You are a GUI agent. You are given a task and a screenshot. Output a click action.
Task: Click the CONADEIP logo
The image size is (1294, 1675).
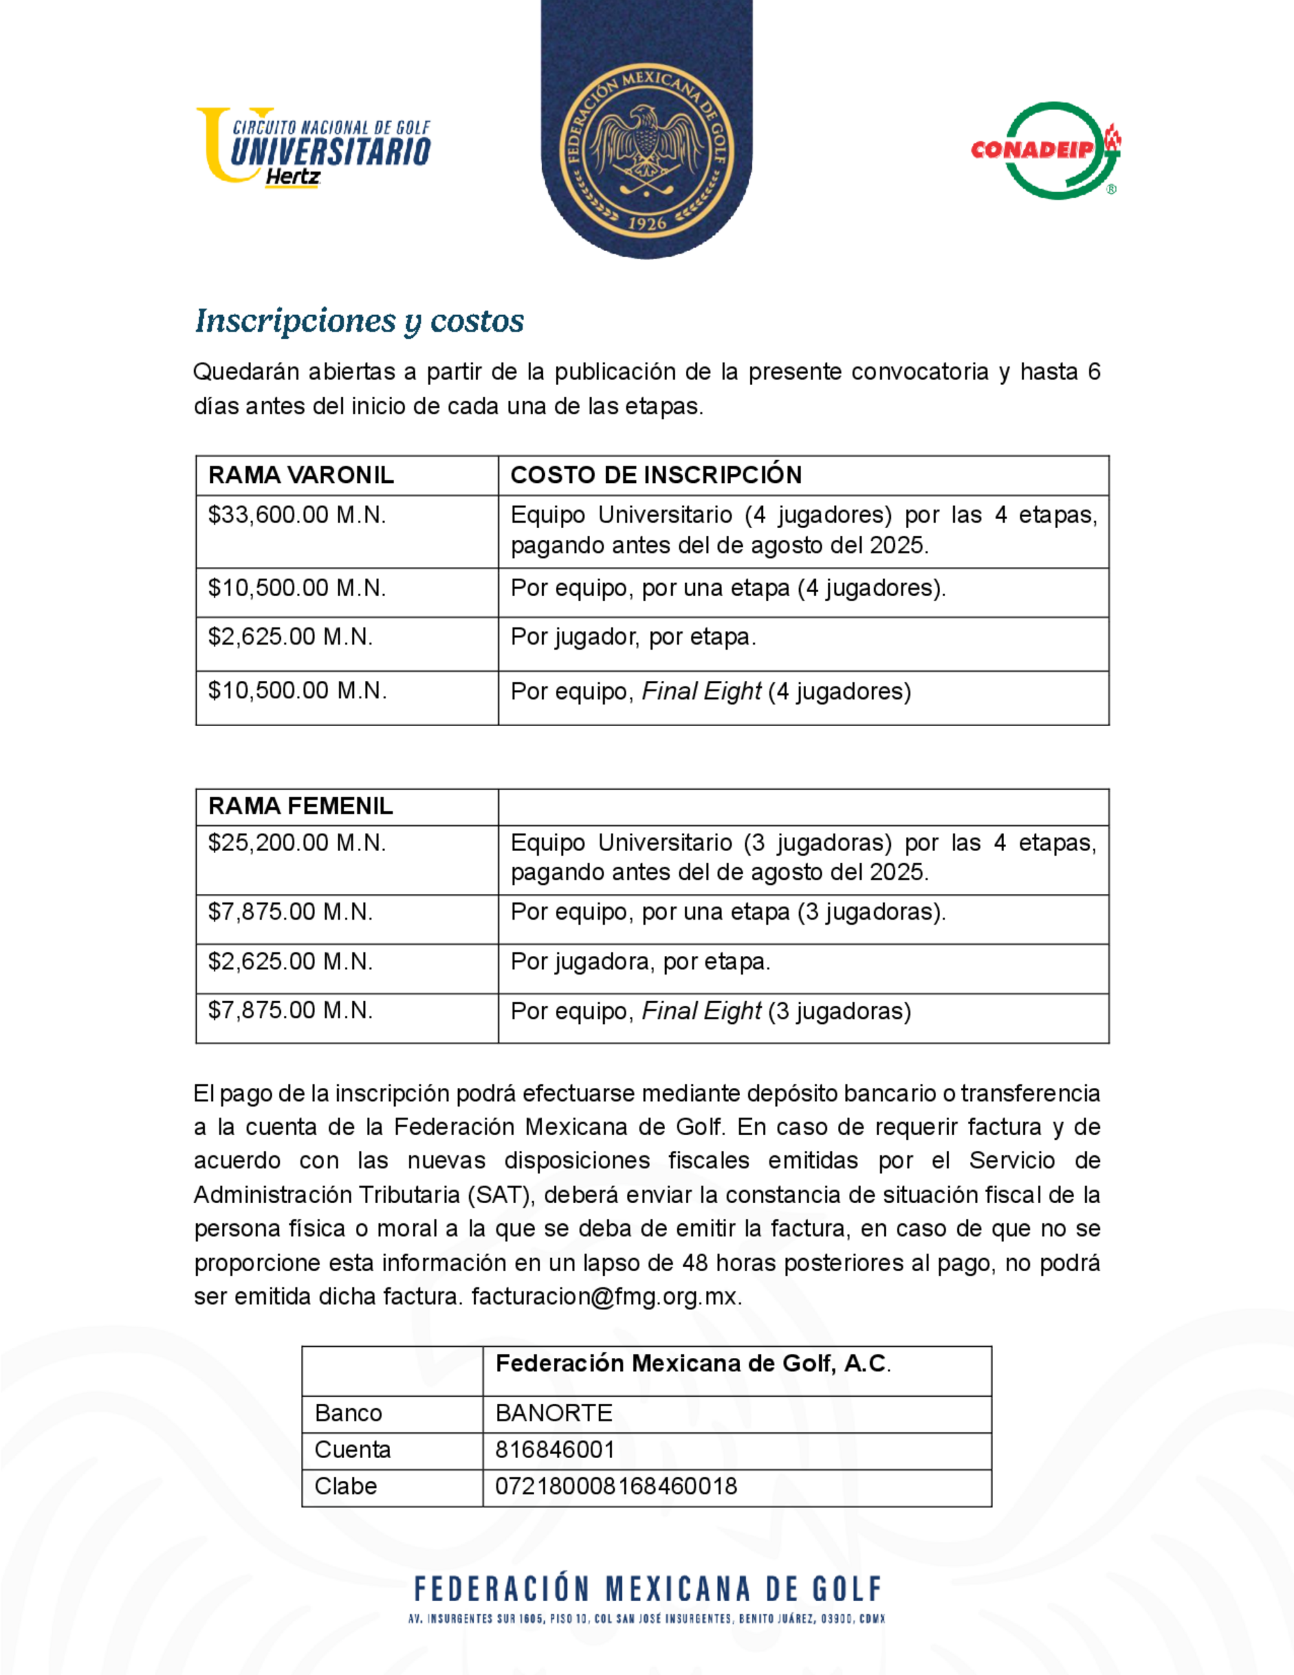point(1045,150)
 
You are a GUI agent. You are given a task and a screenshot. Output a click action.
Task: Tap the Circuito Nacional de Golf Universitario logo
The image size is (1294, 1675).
point(314,146)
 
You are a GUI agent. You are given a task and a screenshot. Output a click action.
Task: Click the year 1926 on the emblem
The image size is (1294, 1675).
point(647,223)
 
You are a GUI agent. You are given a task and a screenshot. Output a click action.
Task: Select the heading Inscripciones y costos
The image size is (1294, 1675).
point(360,320)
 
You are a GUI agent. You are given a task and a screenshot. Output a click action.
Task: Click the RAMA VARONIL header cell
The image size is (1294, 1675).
point(302,475)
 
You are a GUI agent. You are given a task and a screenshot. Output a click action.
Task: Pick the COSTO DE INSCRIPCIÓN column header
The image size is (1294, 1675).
point(656,475)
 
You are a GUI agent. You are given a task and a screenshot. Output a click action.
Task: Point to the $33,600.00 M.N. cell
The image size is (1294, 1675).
point(298,515)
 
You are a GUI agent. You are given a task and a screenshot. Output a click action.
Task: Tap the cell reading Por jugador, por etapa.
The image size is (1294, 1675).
point(633,638)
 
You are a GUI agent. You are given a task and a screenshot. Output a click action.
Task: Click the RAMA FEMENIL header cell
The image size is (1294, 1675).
point(300,806)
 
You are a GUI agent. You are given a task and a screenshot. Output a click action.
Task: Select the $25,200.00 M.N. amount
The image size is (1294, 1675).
point(298,843)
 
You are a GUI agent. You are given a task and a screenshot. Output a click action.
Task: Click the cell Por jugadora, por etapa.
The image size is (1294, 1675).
point(641,962)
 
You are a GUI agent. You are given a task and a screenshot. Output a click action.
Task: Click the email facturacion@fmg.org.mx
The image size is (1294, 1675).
point(606,1297)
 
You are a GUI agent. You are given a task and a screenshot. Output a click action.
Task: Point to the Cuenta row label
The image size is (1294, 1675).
point(353,1450)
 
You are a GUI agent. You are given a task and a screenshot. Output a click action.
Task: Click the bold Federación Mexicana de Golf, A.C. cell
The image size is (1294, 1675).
point(693,1363)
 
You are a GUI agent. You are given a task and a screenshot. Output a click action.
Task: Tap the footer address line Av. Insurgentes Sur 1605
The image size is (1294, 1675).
point(646,1619)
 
